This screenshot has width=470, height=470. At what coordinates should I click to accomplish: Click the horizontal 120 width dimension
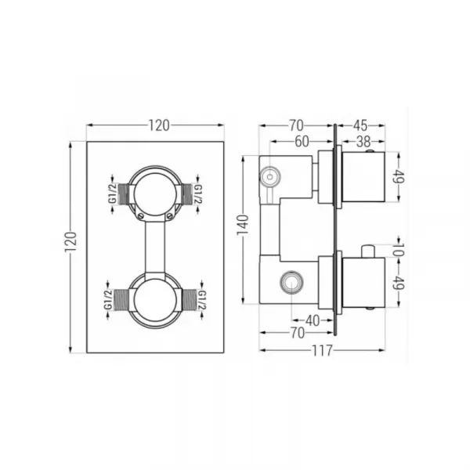point(159,125)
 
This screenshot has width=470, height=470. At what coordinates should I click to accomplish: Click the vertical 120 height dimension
point(70,242)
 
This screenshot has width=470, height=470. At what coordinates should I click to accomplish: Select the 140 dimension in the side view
point(243,225)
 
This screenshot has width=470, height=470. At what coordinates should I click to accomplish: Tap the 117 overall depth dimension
point(322,350)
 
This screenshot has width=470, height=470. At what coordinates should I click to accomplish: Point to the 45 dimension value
point(360,125)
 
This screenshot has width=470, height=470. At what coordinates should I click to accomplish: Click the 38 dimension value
point(363,142)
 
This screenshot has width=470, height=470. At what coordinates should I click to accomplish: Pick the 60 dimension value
point(302,142)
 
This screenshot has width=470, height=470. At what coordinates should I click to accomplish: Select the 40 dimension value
point(313,321)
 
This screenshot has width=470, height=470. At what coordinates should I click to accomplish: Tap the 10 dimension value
point(399,249)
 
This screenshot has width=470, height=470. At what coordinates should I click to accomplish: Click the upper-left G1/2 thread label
point(113,193)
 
